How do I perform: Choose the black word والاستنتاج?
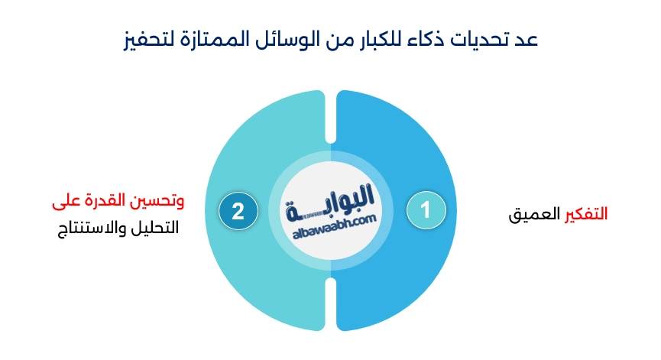pos(92,228)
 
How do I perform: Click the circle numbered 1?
pos(426,210)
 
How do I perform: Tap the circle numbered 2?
pos(238,211)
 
